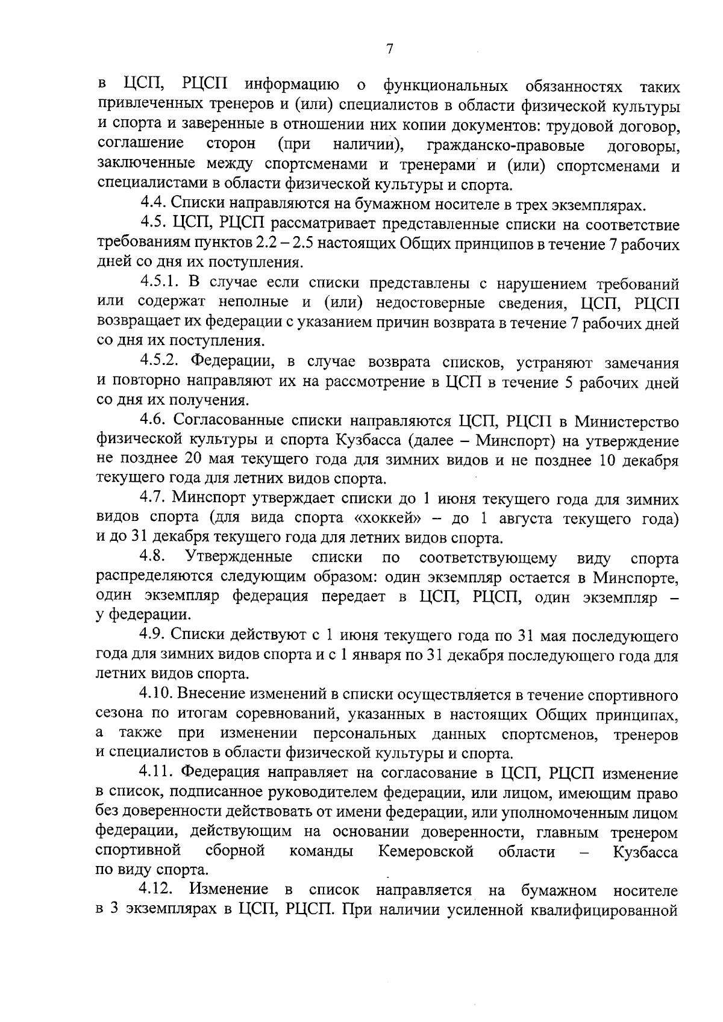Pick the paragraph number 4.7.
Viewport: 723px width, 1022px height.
point(153,499)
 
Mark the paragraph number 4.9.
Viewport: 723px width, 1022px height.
point(153,636)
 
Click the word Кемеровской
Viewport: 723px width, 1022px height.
point(426,852)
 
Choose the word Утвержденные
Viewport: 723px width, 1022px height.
point(239,558)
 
